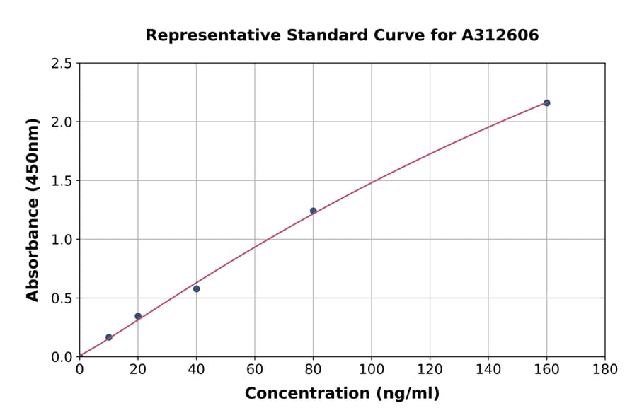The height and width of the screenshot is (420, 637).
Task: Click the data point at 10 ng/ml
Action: (x=108, y=337)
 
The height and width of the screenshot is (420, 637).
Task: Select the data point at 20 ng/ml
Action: (x=138, y=316)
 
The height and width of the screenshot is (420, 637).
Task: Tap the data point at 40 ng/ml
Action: (x=196, y=288)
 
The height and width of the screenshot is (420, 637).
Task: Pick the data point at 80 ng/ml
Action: (x=313, y=211)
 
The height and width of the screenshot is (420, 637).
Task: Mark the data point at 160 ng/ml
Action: (x=546, y=103)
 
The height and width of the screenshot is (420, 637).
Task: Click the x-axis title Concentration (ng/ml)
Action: (x=342, y=394)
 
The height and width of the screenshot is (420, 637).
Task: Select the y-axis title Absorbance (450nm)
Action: (x=33, y=210)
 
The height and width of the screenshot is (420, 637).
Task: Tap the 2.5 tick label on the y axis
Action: (x=62, y=64)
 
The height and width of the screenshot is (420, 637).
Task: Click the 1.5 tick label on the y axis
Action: (x=62, y=181)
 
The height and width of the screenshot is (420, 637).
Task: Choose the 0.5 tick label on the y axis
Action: (x=62, y=298)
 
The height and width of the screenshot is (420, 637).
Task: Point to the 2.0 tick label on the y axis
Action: (x=62, y=122)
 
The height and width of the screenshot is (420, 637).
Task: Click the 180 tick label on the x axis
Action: (x=605, y=369)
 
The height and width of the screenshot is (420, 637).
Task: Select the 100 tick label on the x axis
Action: (x=372, y=369)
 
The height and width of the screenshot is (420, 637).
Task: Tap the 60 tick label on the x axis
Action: (x=255, y=369)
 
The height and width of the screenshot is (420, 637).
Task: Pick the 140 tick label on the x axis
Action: (x=488, y=369)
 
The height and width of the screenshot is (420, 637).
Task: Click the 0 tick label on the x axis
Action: (x=80, y=369)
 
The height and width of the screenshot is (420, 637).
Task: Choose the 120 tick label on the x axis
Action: (x=430, y=369)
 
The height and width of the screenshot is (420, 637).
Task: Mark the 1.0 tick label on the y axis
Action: (x=62, y=240)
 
